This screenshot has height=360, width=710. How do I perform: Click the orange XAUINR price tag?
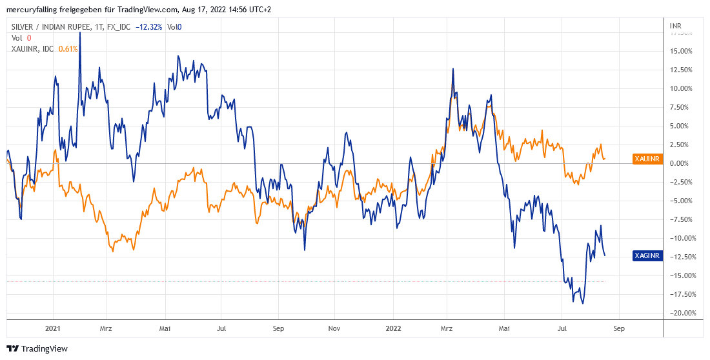pyautogui.click(x=647, y=159)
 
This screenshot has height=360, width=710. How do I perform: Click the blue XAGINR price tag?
pyautogui.click(x=647, y=256)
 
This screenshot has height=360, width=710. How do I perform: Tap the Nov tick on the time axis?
pyautogui.click(x=334, y=328)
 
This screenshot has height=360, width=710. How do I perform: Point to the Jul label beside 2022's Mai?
pyautogui.click(x=562, y=328)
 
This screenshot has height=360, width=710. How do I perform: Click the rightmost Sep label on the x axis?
pyautogui.click(x=618, y=328)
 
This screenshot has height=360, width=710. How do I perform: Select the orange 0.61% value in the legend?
pyautogui.click(x=68, y=48)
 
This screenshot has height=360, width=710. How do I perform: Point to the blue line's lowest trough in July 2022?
pyautogui.click(x=583, y=303)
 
